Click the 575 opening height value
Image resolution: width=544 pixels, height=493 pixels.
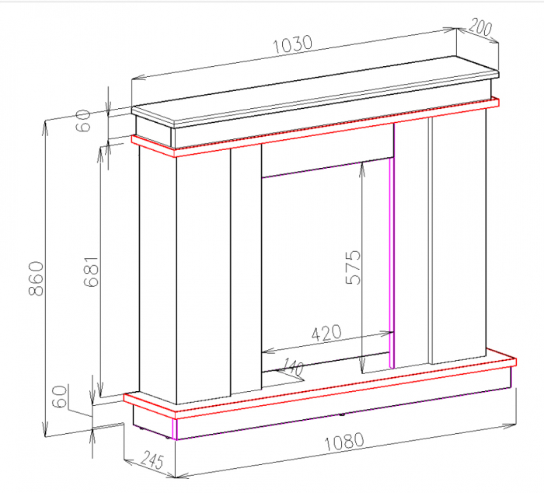pos(354,267)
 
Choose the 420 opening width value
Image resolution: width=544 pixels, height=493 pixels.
pos(326,334)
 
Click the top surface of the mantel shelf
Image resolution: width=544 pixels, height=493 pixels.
pos(311,94)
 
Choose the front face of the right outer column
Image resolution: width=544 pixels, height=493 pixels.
pos(458,233)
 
